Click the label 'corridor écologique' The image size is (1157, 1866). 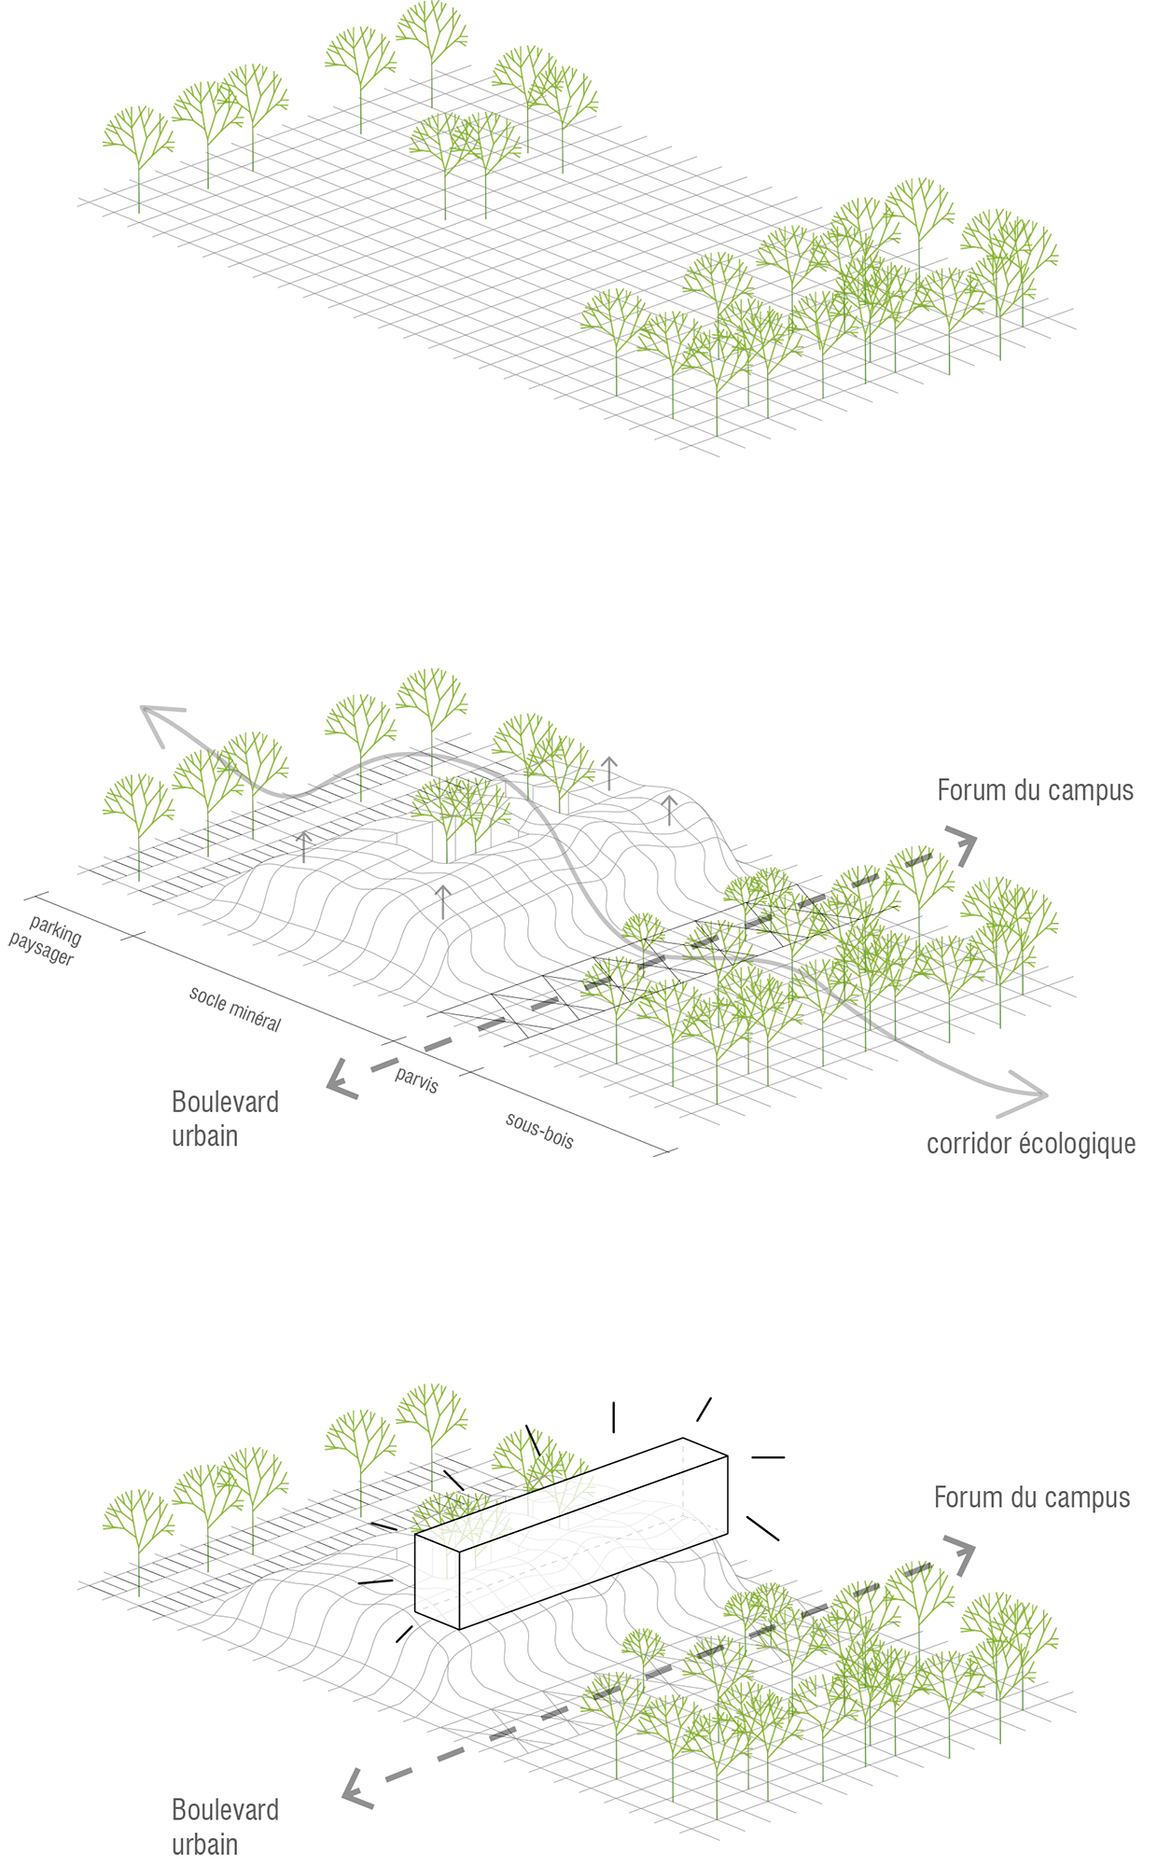coord(1030,1144)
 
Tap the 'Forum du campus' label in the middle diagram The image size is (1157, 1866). coord(1035,790)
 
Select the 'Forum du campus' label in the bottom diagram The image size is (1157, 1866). coord(1031,1497)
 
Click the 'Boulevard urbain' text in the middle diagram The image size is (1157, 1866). coord(225,1119)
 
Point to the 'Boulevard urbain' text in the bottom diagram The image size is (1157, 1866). coord(225,1826)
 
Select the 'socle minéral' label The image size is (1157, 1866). coord(235,1009)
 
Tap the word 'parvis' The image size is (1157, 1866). coord(416,1079)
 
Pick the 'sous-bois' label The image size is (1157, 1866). coord(539,1130)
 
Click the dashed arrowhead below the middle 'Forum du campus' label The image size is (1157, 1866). coord(963,844)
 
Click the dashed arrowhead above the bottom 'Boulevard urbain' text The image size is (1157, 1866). coord(356,1788)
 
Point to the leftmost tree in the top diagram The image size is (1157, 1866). coord(138,149)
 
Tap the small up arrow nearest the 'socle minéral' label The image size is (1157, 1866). coord(303,845)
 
